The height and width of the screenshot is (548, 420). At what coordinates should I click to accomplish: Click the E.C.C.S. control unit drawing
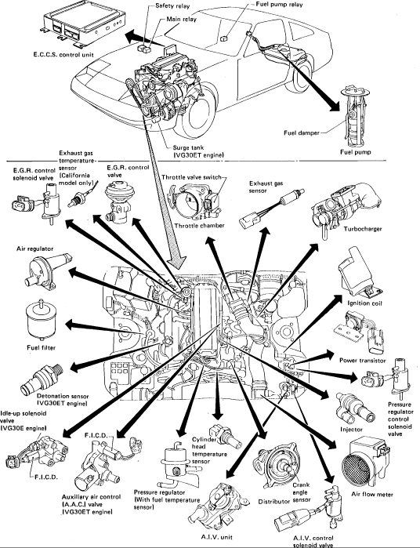(84, 27)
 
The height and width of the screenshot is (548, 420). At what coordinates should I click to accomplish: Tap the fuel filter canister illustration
(41, 321)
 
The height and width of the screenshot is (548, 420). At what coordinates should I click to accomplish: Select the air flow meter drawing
(365, 462)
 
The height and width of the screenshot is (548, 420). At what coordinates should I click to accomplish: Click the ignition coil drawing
(358, 272)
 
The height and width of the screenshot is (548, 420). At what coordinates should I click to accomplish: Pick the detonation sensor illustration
(42, 379)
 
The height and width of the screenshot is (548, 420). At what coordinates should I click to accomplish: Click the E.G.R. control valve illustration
(118, 201)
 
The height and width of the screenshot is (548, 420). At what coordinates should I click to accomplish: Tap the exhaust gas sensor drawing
(271, 209)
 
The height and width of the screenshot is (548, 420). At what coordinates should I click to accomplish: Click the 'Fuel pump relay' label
(279, 5)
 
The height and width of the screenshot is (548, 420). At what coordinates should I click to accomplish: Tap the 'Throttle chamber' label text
(199, 226)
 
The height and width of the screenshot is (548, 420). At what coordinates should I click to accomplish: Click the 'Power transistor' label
(362, 361)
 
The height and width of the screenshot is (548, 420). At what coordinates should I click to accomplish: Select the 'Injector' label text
(351, 429)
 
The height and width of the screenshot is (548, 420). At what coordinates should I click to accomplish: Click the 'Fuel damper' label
(301, 132)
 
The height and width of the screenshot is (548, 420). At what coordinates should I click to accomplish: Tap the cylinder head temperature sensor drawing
(226, 436)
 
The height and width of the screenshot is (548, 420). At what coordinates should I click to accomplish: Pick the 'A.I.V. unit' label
(216, 537)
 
